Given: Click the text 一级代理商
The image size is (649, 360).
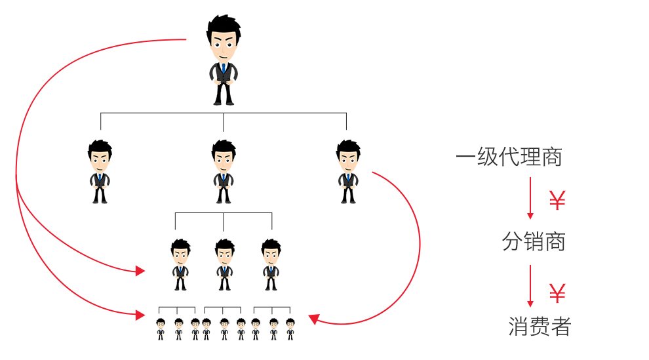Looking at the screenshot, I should tap(509, 158).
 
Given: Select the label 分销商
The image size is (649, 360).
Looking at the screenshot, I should tap(533, 243).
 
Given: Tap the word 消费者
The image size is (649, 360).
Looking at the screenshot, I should tap(539, 326).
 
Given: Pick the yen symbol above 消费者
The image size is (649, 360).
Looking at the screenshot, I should tap(557, 293).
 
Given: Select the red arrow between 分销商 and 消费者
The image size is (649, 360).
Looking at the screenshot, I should tap(531, 286).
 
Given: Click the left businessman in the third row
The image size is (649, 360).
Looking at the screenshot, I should tap(180, 264).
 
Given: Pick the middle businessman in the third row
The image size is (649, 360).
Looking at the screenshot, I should tap(224, 264).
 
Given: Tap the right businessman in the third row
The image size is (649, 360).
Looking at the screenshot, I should tap(270, 264).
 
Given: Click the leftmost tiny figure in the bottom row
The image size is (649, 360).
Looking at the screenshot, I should tap(161, 329).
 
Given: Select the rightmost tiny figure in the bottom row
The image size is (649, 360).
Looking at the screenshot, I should tap(290, 329).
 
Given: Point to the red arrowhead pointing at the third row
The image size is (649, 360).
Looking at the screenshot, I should tap(140, 271).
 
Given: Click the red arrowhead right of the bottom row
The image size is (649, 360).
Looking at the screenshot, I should tap(313, 319).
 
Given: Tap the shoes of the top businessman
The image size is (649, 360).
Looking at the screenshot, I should tap(224, 102).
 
